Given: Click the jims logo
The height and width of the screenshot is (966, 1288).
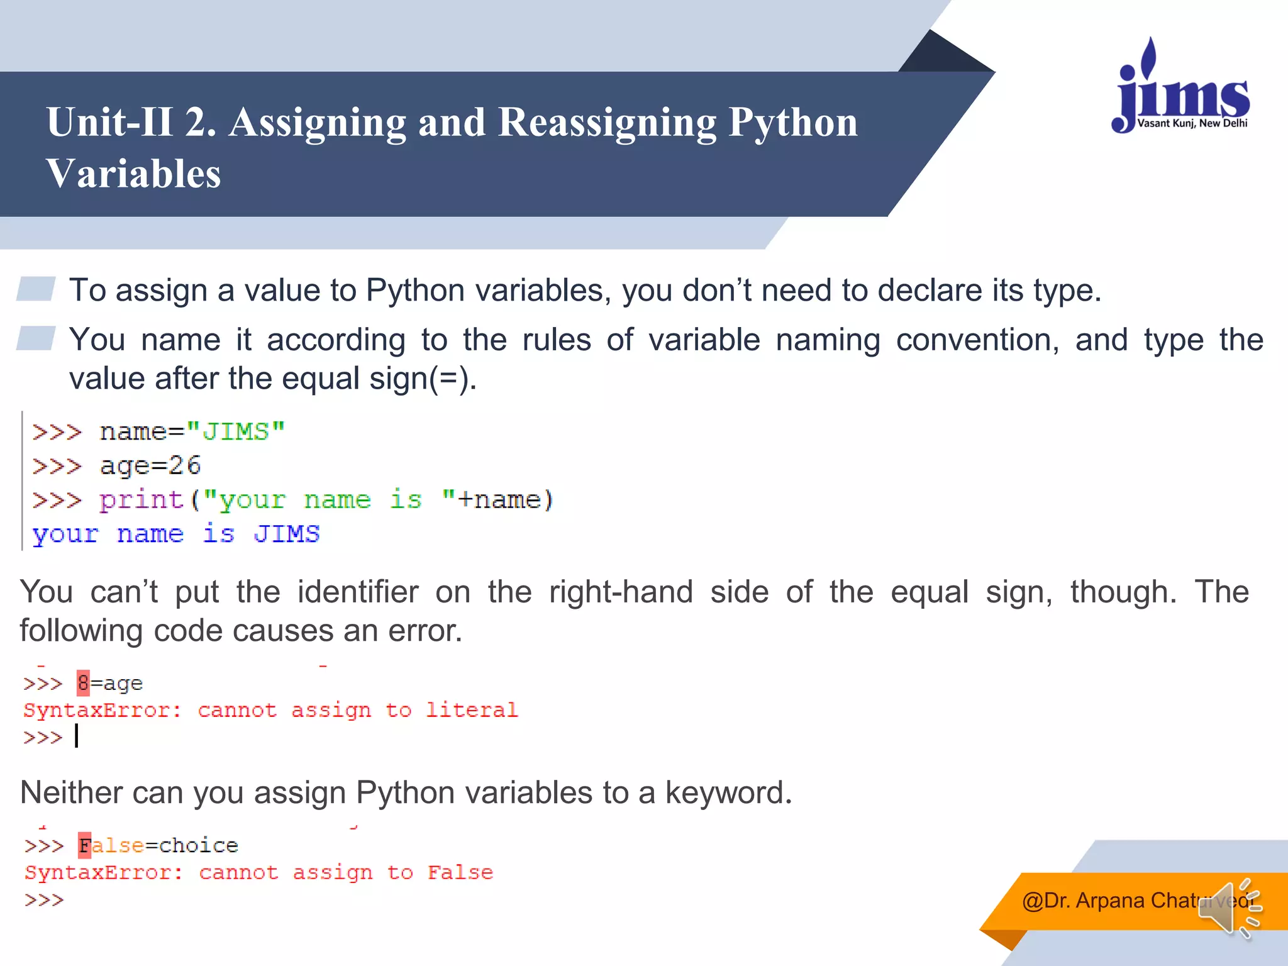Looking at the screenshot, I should (x=1181, y=88).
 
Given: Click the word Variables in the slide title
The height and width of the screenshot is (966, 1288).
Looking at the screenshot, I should (x=133, y=174).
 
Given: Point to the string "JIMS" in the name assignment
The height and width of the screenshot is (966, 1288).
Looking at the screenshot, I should (x=236, y=432).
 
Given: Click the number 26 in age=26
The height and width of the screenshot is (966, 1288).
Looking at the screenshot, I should (x=184, y=466).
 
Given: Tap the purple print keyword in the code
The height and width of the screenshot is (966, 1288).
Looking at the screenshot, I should (x=141, y=500).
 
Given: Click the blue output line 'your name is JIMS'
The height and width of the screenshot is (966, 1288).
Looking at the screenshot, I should (x=176, y=534).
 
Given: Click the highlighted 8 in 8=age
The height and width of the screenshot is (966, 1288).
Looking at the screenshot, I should (x=83, y=683).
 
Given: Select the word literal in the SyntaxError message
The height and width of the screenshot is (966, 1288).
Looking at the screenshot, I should (x=472, y=710).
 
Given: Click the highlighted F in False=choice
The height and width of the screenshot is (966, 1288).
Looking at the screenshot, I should (x=85, y=845).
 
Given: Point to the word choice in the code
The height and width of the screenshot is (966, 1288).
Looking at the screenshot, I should (x=199, y=845).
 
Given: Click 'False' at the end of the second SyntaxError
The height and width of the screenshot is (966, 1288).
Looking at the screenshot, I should (x=460, y=872).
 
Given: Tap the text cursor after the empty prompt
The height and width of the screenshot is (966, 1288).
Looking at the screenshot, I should (x=77, y=736).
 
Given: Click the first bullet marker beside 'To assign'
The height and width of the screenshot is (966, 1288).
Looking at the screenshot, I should (x=36, y=289).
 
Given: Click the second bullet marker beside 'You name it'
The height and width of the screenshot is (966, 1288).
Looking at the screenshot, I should (x=36, y=338).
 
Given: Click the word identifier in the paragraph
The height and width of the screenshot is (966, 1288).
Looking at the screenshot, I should (x=358, y=592).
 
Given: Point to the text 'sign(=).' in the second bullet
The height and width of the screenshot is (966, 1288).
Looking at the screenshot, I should (x=423, y=379).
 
